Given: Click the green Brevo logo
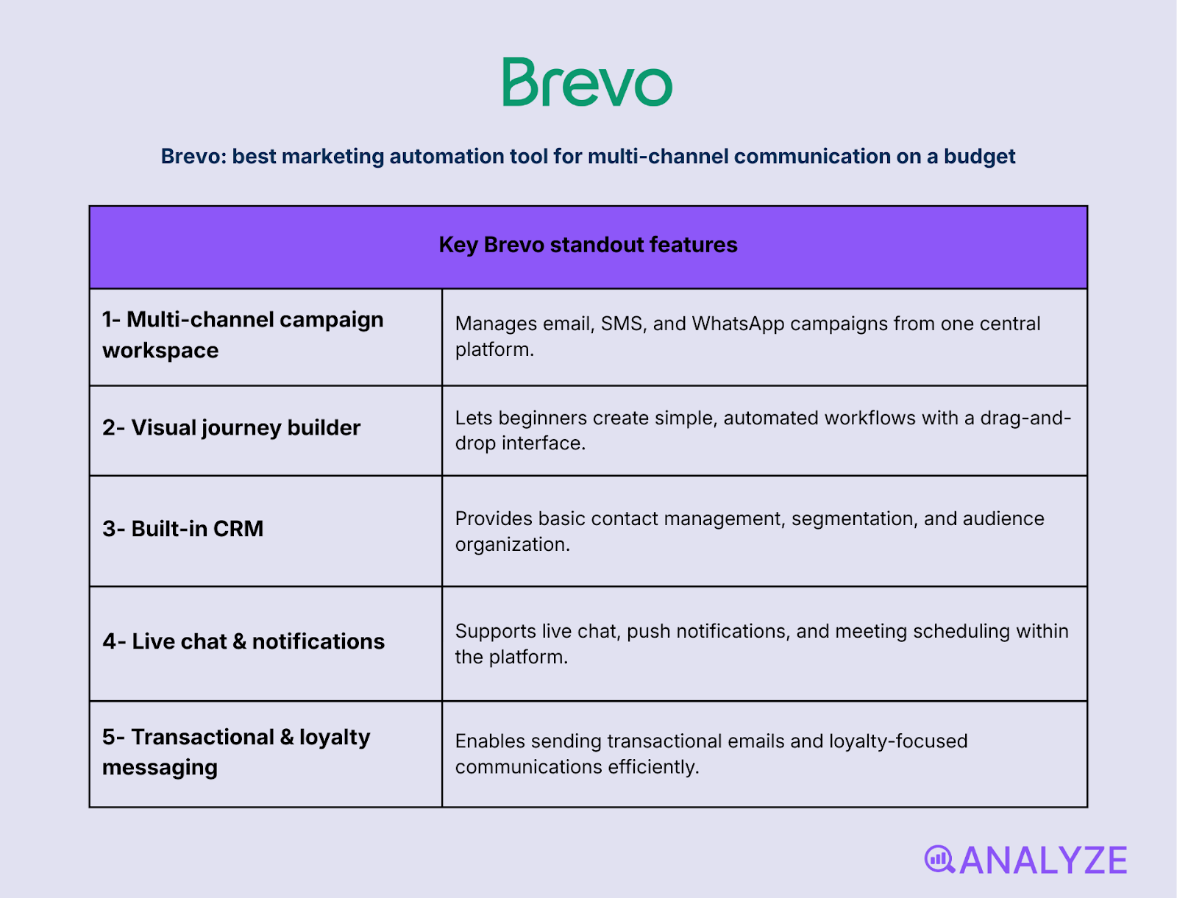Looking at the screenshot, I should pyautogui.click(x=587, y=82).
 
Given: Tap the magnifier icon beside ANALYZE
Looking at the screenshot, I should pyautogui.click(x=939, y=859).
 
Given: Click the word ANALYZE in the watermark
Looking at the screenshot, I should pyautogui.click(x=1043, y=860).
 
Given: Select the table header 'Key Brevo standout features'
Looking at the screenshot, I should pyautogui.click(x=588, y=245).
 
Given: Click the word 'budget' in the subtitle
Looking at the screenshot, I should pyautogui.click(x=979, y=157).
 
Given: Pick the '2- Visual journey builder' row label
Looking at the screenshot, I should pyautogui.click(x=231, y=428).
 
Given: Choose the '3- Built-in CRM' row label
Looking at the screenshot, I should pyautogui.click(x=182, y=529).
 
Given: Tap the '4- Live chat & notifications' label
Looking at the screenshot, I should pyautogui.click(x=243, y=641).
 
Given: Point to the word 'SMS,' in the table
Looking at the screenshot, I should pyautogui.click(x=623, y=324).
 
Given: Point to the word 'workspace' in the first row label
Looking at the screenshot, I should pyautogui.click(x=160, y=351).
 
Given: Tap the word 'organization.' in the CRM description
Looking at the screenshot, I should pyautogui.click(x=512, y=544).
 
